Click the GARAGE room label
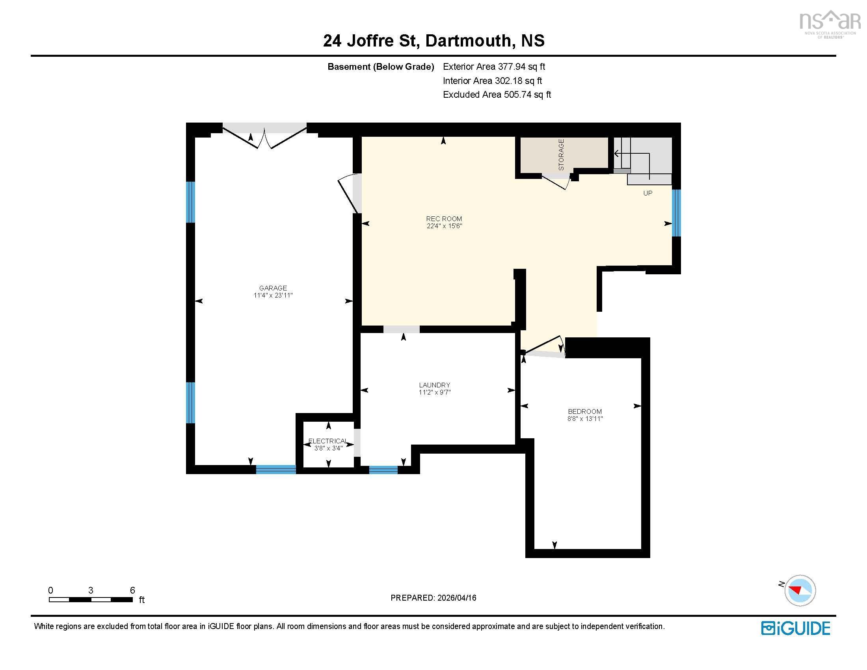[273, 288]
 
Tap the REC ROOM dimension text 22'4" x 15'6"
[444, 226]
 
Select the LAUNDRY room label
[434, 385]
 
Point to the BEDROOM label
[584, 411]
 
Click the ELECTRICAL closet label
[328, 441]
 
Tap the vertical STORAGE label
[561, 154]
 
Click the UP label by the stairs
[647, 193]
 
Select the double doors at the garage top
[264, 137]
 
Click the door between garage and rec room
[350, 193]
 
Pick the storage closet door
[556, 181]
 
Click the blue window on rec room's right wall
[676, 213]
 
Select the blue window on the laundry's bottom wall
[383, 470]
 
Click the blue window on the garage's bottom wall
[275, 469]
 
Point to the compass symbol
[800, 590]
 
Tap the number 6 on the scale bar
[132, 590]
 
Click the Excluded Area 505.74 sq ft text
[497, 95]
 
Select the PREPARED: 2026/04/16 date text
[433, 598]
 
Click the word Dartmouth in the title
[468, 41]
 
